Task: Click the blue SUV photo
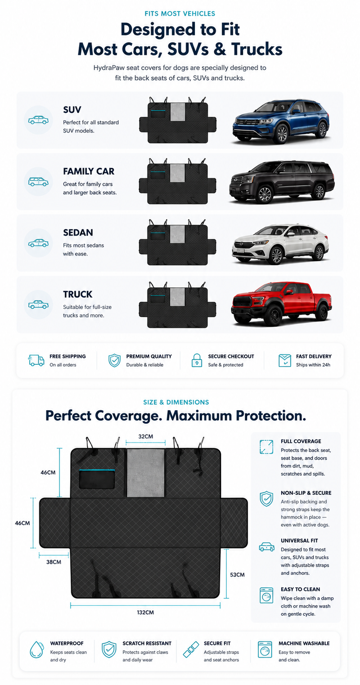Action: (281, 121)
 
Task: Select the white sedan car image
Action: (280, 244)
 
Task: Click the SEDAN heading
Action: (78, 233)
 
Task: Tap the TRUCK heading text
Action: (78, 294)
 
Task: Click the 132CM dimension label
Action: (145, 613)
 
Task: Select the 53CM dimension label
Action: (237, 575)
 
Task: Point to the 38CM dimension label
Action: (54, 562)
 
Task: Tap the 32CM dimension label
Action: (146, 436)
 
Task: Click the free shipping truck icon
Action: (36, 360)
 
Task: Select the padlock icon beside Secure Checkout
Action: (197, 360)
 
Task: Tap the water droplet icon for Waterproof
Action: (37, 649)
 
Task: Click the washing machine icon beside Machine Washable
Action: (265, 649)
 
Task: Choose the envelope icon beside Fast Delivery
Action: (285, 361)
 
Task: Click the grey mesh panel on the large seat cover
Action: (145, 473)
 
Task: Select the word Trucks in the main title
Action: (257, 49)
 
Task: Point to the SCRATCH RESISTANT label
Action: (147, 644)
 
